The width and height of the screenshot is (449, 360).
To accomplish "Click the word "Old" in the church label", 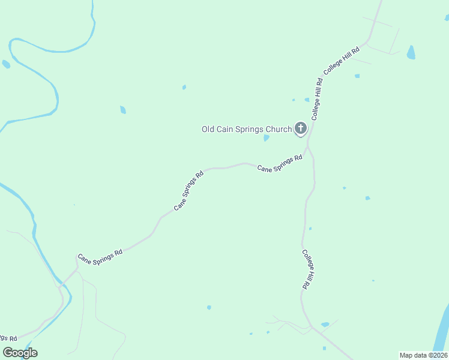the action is click(x=208, y=129).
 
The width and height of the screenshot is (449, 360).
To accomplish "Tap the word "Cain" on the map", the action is click(x=226, y=129).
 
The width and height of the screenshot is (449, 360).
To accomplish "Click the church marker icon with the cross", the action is click(x=301, y=128).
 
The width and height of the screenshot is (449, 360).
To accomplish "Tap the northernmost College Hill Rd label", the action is click(x=342, y=61).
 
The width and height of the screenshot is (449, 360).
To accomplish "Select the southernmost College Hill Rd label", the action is click(x=307, y=270).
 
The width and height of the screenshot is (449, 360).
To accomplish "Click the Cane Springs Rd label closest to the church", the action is click(x=280, y=164).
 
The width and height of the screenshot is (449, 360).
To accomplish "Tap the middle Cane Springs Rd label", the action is click(x=189, y=190).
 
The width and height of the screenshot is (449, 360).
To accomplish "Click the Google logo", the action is click(x=20, y=353).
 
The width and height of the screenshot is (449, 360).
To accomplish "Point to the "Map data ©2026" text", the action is click(x=423, y=355).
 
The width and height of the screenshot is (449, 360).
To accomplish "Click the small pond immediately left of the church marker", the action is click(x=266, y=138).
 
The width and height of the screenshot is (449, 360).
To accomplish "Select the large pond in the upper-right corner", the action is click(x=411, y=52).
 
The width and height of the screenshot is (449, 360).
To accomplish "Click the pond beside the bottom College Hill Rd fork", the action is click(x=325, y=325).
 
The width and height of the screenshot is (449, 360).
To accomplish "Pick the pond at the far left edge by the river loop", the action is click(x=6, y=64).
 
